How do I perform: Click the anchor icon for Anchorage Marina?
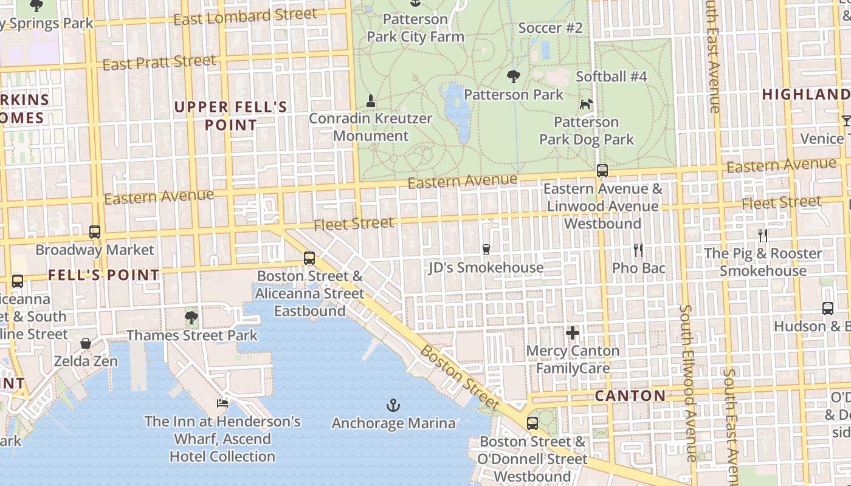(x=393, y=405)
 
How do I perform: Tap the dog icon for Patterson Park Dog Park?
(x=586, y=104)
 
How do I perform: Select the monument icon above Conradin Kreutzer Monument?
(x=371, y=100)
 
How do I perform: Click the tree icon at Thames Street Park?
(x=191, y=317)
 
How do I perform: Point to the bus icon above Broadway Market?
(x=95, y=231)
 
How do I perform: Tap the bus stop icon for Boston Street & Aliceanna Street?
(x=309, y=258)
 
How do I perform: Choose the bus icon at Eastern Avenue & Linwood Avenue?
(x=602, y=171)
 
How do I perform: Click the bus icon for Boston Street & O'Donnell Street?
(x=532, y=423)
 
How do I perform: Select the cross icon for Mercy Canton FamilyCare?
(x=572, y=333)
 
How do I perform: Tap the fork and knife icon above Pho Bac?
(x=638, y=250)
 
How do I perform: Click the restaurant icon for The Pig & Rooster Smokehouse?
(x=763, y=235)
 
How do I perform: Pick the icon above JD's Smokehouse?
(x=486, y=249)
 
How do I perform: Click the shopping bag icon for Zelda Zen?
(x=86, y=343)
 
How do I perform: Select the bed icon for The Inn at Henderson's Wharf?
(x=222, y=403)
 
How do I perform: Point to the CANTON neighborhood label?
(x=630, y=396)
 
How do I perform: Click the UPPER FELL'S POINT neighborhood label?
(x=230, y=116)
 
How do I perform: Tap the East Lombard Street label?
(x=245, y=17)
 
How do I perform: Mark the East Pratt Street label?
(x=159, y=62)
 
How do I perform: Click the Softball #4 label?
(x=611, y=77)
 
